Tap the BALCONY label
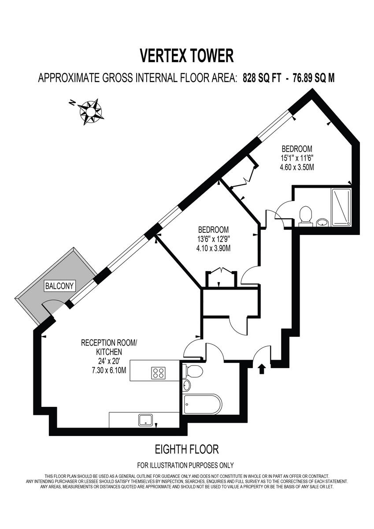[59, 286]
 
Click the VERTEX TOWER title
[186, 56]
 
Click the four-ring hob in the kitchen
[158, 373]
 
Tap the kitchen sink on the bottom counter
[145, 419]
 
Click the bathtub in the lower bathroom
[202, 404]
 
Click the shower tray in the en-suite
[341, 207]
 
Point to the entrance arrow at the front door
[262, 368]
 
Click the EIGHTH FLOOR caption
[187, 450]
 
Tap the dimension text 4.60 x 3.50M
[297, 167]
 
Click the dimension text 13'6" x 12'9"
[214, 239]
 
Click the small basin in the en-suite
[322, 221]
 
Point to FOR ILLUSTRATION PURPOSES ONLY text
[185, 465]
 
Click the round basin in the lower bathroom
[186, 385]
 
